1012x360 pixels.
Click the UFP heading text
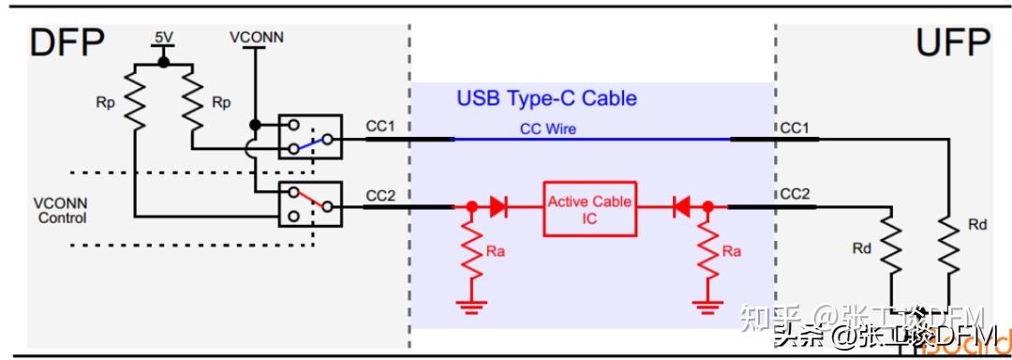point(952,43)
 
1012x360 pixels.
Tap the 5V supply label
point(164,38)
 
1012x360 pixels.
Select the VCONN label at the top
point(256,37)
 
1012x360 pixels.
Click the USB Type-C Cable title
point(546,97)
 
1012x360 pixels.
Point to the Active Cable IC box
point(589,209)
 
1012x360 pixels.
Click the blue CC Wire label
point(548,128)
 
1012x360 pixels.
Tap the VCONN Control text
point(61,211)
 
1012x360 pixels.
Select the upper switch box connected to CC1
point(310,138)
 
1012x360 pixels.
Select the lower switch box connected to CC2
point(310,203)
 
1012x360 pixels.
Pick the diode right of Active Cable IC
point(682,205)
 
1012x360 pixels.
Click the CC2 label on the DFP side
point(380,195)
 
